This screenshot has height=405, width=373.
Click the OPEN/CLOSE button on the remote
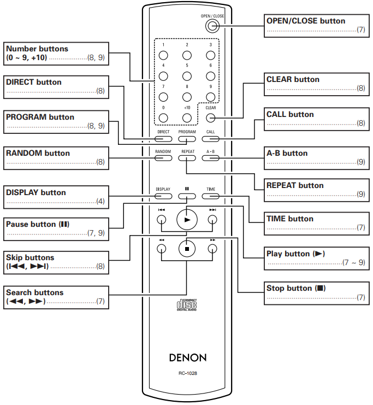212,26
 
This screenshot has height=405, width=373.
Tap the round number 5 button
187,76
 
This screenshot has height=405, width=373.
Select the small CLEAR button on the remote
211,118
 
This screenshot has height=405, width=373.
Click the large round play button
187,220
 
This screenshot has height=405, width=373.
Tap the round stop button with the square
187,249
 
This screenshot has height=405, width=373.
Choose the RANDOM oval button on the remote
163,158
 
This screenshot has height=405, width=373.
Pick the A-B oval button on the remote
211,158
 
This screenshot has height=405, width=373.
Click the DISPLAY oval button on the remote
163,196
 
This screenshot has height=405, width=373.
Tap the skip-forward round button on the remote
212,220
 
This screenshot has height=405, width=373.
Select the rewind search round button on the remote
161,249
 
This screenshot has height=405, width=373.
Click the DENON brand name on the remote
188,358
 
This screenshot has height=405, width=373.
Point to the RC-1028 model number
188,373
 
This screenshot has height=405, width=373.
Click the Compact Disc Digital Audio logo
187,305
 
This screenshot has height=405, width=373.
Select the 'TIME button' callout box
316,224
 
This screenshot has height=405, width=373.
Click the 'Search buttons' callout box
56,297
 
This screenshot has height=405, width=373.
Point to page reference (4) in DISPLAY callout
100,201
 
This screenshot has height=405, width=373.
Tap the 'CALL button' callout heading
290,114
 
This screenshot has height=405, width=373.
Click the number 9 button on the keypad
211,97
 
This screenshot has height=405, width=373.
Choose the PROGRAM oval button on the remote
187,139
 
